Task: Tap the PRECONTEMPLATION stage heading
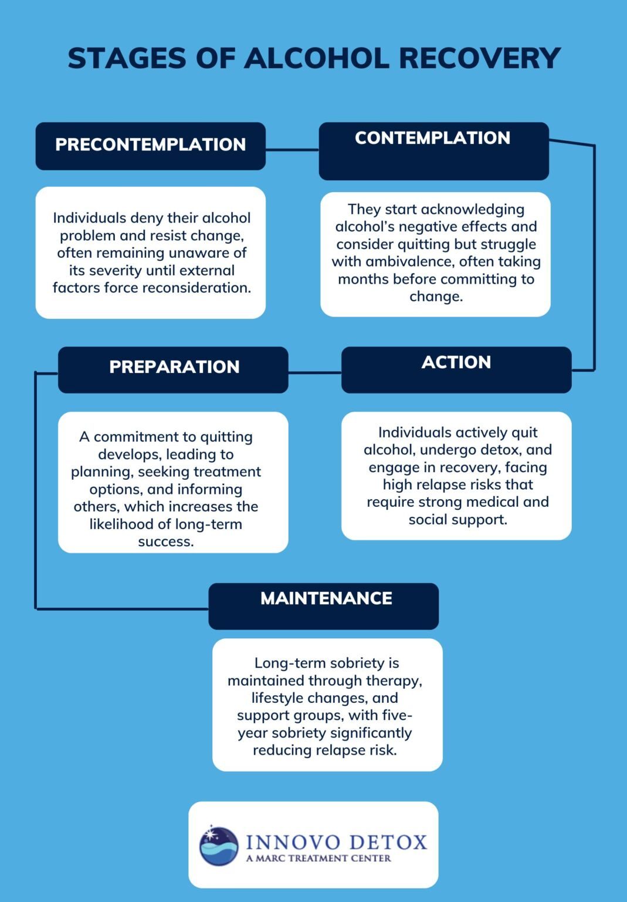[x=150, y=144]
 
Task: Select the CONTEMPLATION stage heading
[x=432, y=138]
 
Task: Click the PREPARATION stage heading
[x=174, y=367]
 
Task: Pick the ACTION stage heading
[x=456, y=362]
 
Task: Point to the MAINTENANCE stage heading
[x=326, y=598]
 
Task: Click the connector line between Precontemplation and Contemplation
[x=292, y=150]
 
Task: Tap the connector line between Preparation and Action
[x=314, y=372]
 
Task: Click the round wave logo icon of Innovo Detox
[x=219, y=846]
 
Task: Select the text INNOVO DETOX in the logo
[x=336, y=842]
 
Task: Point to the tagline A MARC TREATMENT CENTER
[x=318, y=859]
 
